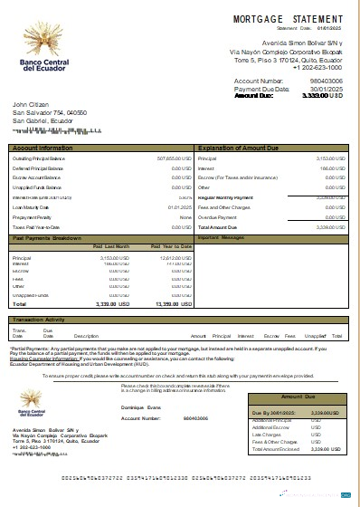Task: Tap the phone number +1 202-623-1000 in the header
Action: coord(317,67)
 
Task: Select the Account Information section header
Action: coord(43,147)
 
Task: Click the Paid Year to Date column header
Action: coord(171,246)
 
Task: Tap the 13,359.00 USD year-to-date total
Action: coord(173,305)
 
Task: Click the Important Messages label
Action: coord(221,237)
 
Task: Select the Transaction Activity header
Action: coord(41,320)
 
